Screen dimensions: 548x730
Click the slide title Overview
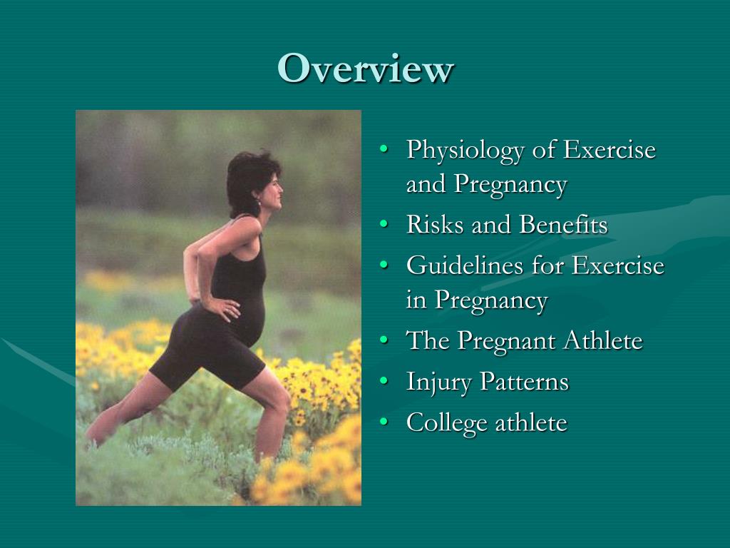pyautogui.click(x=365, y=69)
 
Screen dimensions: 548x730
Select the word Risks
pyautogui.click(x=428, y=225)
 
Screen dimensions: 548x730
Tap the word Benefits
pyautogui.click(x=563, y=225)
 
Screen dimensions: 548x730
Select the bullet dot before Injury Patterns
pyautogui.click(x=385, y=382)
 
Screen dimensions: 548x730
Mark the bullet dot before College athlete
pyautogui.click(x=385, y=423)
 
